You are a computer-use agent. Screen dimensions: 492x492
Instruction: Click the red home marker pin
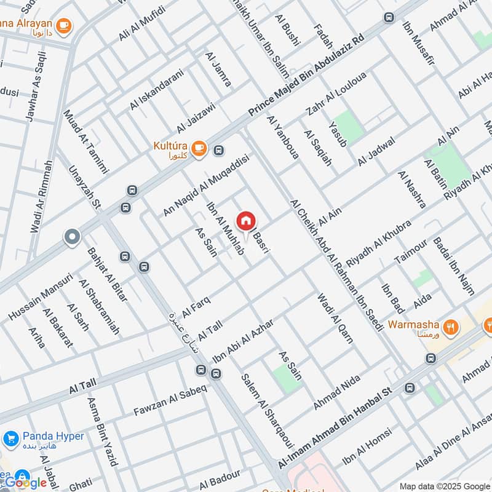(x=245, y=220)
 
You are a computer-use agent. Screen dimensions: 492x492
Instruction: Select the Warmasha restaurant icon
(x=451, y=328)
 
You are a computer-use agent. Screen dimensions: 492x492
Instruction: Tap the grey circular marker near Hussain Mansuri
(x=73, y=237)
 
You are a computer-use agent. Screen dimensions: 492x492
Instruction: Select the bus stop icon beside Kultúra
(x=218, y=149)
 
